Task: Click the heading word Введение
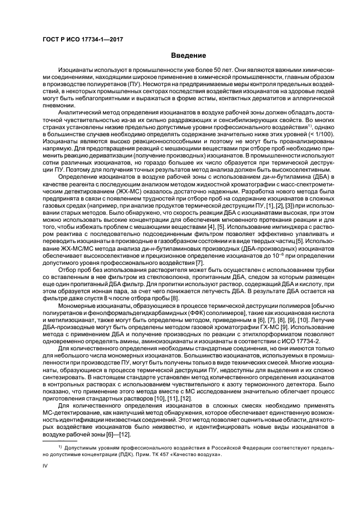pos(188,55)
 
